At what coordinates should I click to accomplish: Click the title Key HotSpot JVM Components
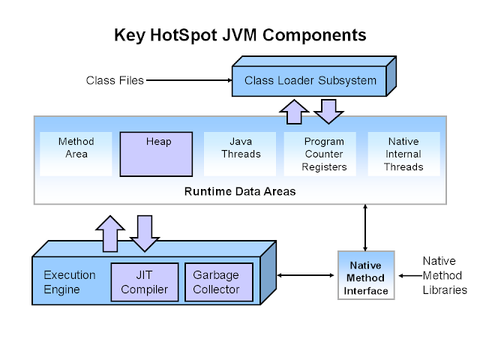[240, 34]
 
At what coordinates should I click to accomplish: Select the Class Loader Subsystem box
[310, 80]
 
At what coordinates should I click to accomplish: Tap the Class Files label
[115, 80]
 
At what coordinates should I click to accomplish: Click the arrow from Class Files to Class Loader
[187, 80]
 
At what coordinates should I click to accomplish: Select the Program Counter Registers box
[324, 154]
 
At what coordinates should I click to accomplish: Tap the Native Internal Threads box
[403, 154]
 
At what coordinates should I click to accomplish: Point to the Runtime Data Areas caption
[240, 191]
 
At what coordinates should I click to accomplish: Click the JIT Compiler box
[145, 282]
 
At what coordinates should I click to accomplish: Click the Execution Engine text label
[70, 282]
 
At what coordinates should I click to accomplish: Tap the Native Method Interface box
[365, 277]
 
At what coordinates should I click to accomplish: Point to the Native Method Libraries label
[444, 275]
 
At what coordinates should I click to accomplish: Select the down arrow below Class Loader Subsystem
[328, 112]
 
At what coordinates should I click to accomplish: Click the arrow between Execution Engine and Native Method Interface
[306, 276]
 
